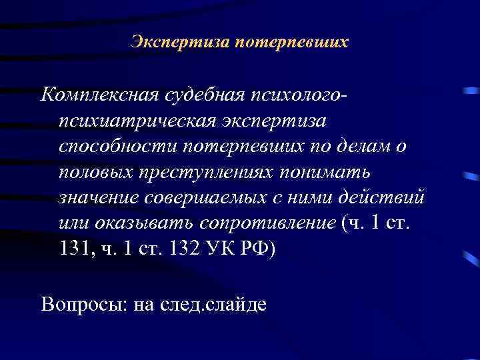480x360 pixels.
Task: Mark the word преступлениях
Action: point(213,173)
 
